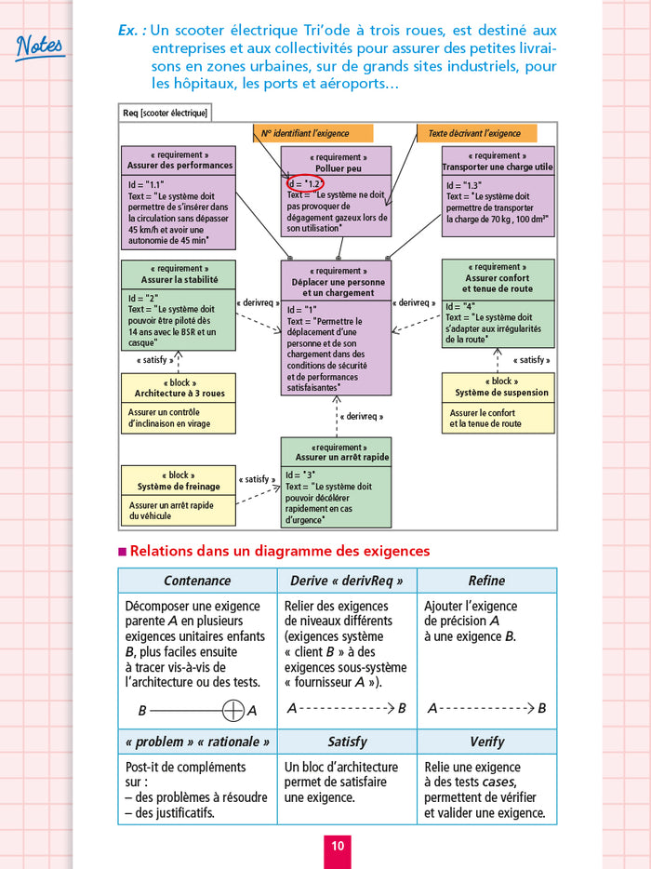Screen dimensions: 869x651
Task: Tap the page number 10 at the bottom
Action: [x=338, y=845]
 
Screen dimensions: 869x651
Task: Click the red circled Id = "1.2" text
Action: [x=306, y=183]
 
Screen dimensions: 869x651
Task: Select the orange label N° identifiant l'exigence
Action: [x=313, y=134]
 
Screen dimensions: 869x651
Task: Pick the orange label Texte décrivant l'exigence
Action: [x=473, y=134]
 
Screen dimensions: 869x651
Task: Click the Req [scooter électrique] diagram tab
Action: [x=165, y=113]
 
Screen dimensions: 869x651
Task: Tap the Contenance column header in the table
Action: [x=197, y=581]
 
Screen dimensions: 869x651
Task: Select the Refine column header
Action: [x=486, y=581]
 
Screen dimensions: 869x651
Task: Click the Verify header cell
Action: [x=486, y=742]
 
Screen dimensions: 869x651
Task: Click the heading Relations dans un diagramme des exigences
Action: [x=280, y=551]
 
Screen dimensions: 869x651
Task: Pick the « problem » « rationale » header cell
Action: [x=197, y=742]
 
